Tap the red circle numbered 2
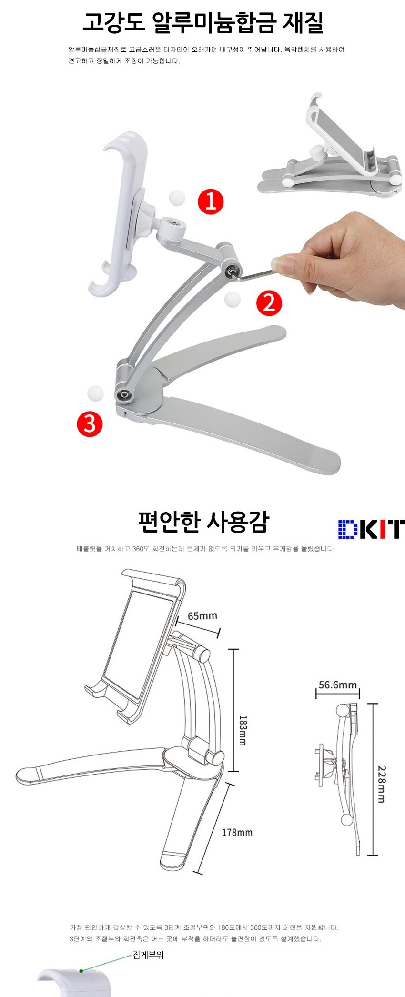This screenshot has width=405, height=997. [x=269, y=303]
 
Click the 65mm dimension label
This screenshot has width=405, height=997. [x=202, y=616]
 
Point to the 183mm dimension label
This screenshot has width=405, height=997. [x=242, y=730]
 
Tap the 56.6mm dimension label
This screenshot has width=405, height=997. [x=337, y=685]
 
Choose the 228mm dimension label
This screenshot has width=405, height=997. [x=382, y=784]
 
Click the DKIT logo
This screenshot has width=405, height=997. [x=371, y=529]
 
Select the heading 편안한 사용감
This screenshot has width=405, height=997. [x=203, y=522]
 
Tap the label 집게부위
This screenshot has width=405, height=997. [x=148, y=955]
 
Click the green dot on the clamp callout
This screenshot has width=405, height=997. [x=81, y=970]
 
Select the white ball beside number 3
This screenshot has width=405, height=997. [x=95, y=393]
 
